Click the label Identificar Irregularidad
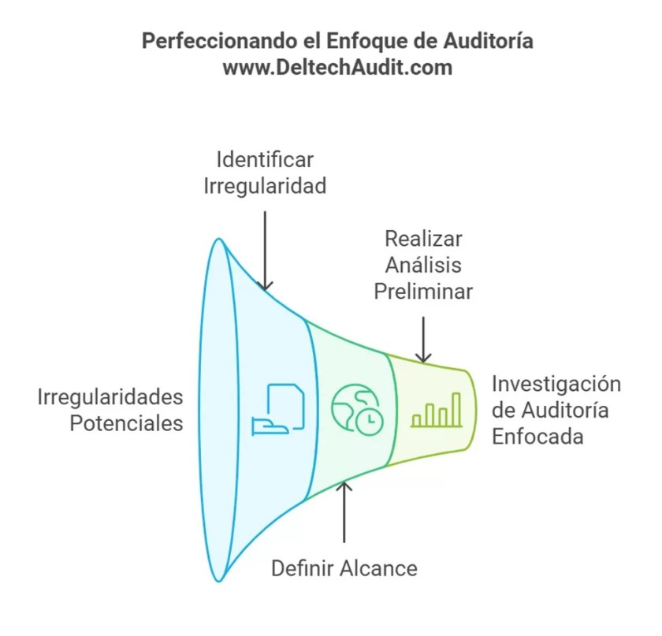pos(266,173)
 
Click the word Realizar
pos(423,239)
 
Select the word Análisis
pos(423,265)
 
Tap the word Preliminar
pos(423,292)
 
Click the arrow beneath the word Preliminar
pos(424,339)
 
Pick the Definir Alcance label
pos(344,567)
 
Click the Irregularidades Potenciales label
pos(110,409)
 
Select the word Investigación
pos(556,384)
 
